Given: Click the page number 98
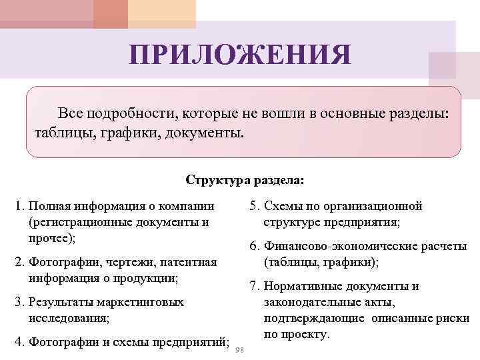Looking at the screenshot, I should (241, 351).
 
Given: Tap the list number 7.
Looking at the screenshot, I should (254, 287).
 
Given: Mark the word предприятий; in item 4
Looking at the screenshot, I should (193, 343).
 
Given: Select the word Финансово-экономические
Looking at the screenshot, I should (336, 247).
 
